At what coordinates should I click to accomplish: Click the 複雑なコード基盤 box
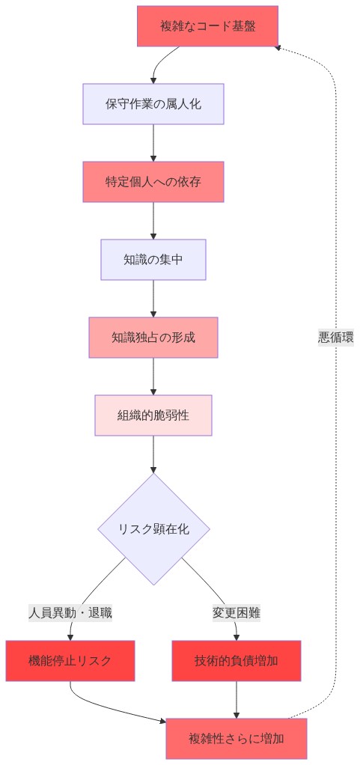point(207,26)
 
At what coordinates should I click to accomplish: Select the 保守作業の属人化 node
point(153,104)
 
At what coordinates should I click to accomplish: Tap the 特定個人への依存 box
point(153,182)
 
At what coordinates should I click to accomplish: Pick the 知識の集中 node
point(153,260)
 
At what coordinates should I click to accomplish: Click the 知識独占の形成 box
point(153,338)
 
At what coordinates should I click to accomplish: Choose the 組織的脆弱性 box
point(153,415)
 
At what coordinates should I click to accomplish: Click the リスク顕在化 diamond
point(153,528)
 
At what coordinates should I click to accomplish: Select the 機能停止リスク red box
point(70,660)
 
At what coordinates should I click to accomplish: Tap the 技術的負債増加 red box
point(237,660)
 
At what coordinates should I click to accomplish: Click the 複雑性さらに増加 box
point(237,739)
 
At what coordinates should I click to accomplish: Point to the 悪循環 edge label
point(335,338)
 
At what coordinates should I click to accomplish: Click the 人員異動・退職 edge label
point(70,612)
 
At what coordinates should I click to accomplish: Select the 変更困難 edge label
point(237,612)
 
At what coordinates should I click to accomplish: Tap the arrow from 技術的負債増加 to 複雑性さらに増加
point(237,699)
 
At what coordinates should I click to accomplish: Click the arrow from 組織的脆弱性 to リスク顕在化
point(153,454)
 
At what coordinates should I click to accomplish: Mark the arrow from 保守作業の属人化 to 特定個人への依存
point(153,142)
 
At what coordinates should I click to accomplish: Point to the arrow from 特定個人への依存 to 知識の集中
point(153,220)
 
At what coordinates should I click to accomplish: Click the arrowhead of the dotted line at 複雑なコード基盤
point(278,48)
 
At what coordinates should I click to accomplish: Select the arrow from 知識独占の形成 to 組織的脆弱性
point(153,376)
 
